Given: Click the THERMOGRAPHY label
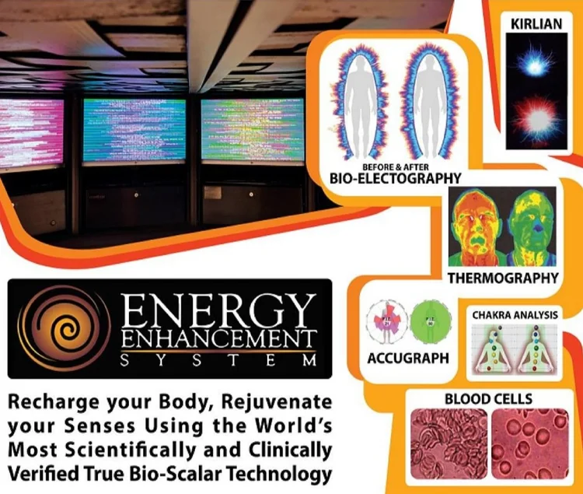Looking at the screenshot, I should (x=503, y=278).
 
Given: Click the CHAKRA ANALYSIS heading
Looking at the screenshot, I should (x=514, y=314).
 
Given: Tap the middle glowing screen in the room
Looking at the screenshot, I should (x=134, y=129).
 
